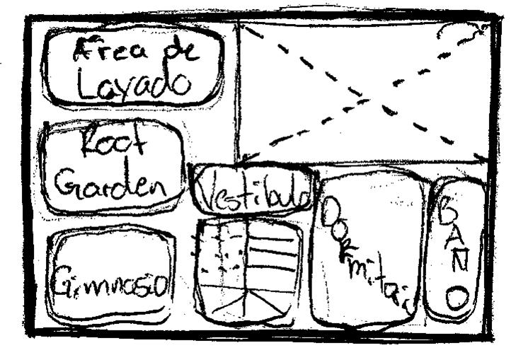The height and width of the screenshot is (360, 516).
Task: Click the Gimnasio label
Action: tap(111, 286)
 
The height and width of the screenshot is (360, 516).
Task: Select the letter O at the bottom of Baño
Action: tap(456, 298)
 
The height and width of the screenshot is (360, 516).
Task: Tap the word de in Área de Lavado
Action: tap(178, 51)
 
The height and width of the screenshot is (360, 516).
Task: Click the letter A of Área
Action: tap(85, 51)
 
